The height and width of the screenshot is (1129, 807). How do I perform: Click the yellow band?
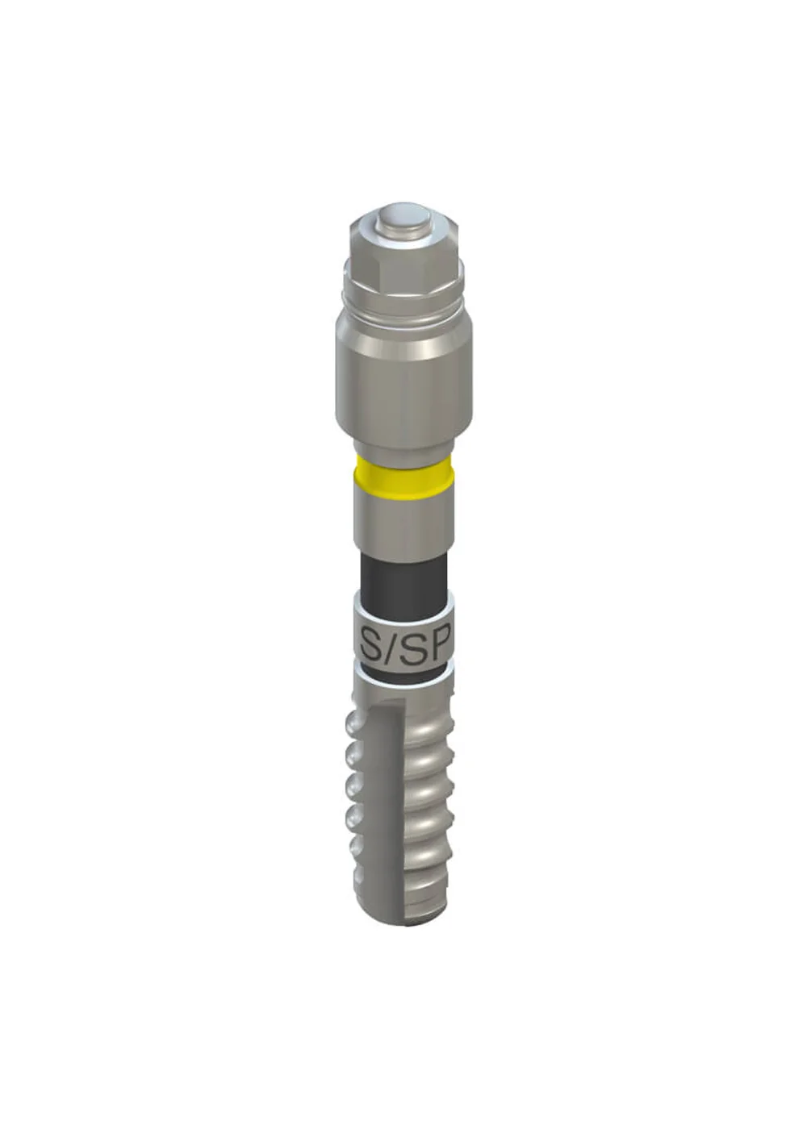[x=403, y=477]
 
